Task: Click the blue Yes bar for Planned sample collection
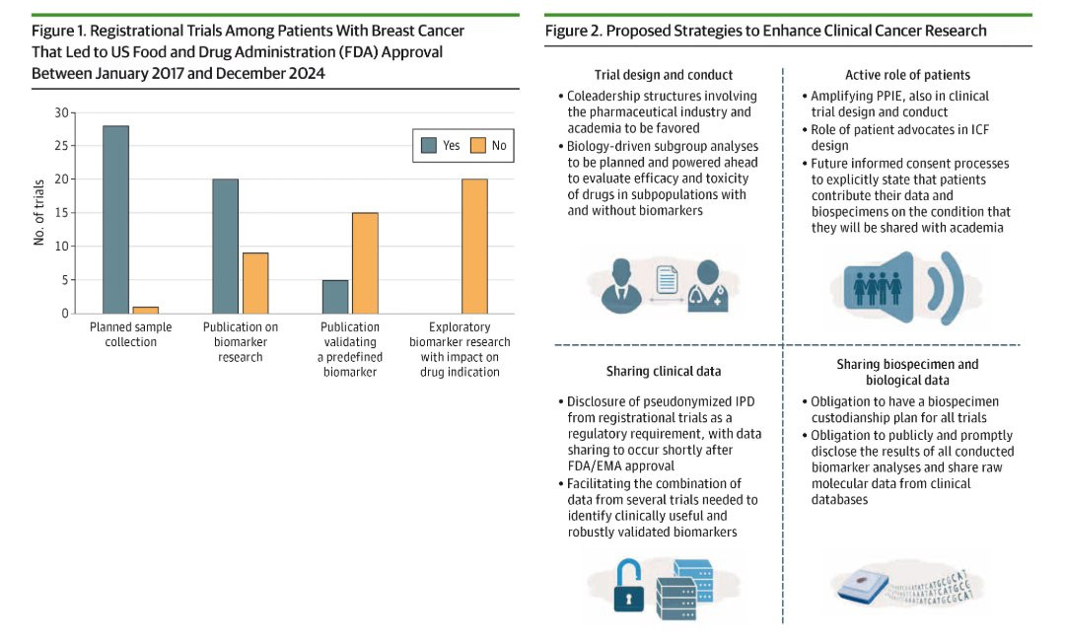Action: coord(115,219)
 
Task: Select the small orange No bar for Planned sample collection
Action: coord(145,311)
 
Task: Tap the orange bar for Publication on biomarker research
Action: coord(255,283)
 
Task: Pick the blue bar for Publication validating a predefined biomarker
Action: coord(335,297)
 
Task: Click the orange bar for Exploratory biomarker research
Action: coord(474,247)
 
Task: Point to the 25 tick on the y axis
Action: coord(62,145)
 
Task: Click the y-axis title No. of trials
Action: coord(38,212)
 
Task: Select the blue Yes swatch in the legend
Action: coord(429,145)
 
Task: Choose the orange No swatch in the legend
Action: coord(478,145)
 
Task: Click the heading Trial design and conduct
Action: coord(664,75)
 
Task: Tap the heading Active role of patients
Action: coord(907,75)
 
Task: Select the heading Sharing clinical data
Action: coord(664,371)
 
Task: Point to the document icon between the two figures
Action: coord(667,280)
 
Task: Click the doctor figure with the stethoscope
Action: coord(707,287)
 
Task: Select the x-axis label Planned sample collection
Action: coord(130,334)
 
